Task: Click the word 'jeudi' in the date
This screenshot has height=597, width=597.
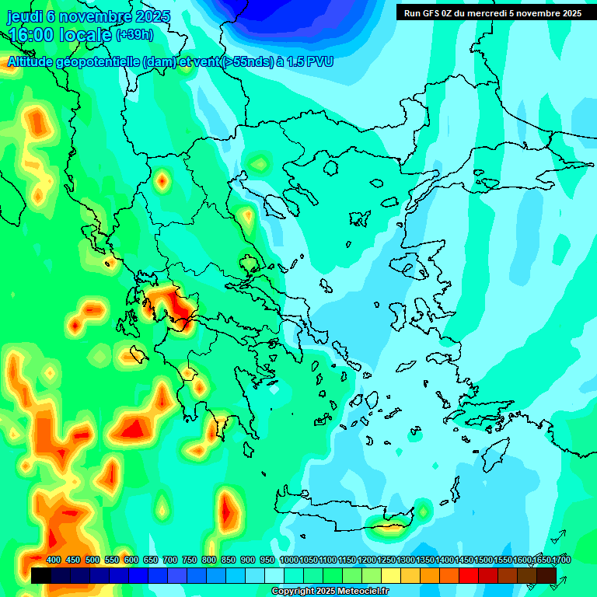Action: pos(24,16)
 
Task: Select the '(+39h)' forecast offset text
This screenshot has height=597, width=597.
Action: pos(134,35)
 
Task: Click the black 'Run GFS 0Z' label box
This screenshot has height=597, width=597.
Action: pos(493,13)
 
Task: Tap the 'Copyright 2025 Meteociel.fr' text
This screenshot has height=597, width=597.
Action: pos(330,592)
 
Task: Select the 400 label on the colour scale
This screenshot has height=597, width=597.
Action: pos(54,560)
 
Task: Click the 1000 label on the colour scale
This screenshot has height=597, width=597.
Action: pos(288,560)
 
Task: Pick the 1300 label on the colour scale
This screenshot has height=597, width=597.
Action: pos(406,560)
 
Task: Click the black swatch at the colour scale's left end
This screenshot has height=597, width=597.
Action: pos(41,575)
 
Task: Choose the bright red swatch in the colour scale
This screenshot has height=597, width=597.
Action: pos(469,575)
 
